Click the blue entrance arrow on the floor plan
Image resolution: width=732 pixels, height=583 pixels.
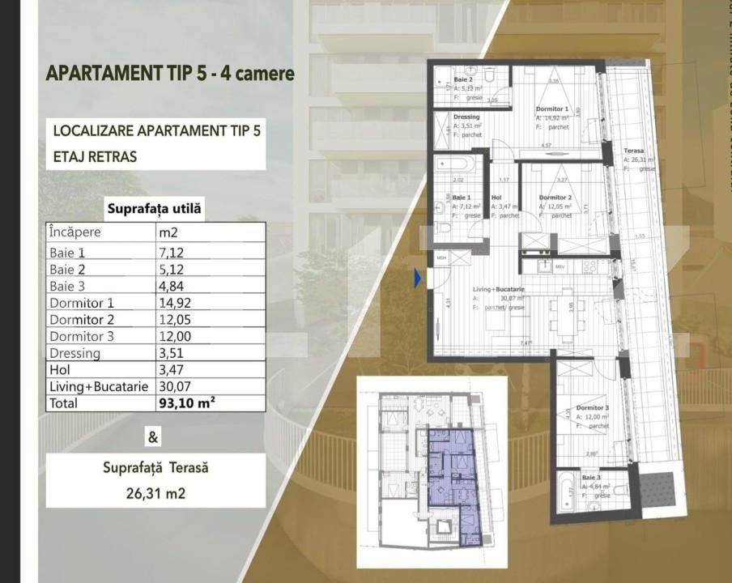(418, 279)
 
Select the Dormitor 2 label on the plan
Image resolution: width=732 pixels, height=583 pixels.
(555, 198)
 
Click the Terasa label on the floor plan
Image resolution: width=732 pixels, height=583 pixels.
(634, 151)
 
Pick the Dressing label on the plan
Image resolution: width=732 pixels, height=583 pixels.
(466, 117)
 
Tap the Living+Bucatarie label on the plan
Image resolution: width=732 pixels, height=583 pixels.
(498, 289)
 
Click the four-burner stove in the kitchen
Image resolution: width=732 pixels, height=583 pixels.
(589, 266)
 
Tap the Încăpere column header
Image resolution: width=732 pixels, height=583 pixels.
(75, 232)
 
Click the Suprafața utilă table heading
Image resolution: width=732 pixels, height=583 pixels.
(155, 210)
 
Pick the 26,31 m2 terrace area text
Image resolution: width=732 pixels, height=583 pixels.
(155, 492)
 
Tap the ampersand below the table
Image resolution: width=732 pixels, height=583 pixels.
(153, 438)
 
